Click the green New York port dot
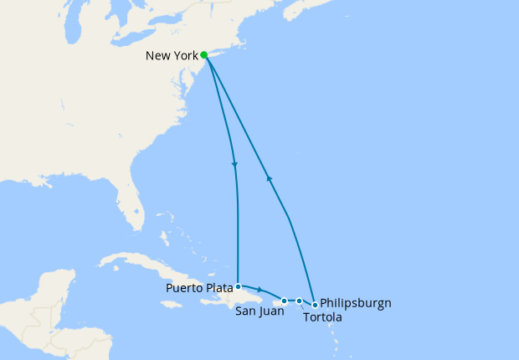[204, 55]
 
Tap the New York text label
[172, 56]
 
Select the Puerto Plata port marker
[239, 286]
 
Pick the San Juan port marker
[285, 301]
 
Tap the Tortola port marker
[299, 301]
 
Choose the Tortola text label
[321, 316]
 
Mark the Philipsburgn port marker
[315, 305]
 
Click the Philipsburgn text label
[356, 303]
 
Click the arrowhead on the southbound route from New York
[235, 164]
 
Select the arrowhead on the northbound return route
[269, 178]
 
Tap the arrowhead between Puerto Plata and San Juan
[260, 290]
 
